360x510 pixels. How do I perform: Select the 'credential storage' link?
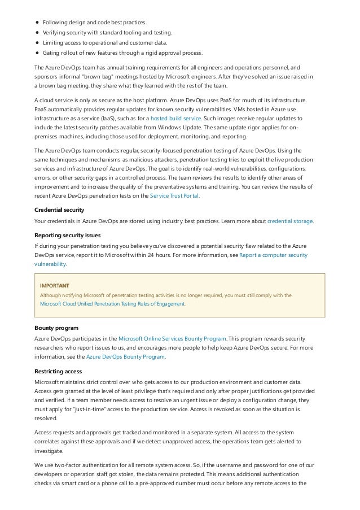289,221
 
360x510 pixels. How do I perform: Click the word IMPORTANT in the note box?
54,285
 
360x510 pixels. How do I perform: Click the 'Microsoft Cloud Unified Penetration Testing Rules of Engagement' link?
112,304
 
